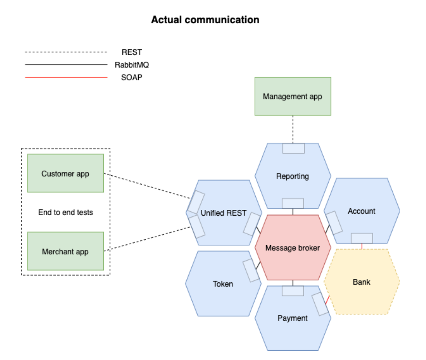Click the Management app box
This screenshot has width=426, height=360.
coord(292,96)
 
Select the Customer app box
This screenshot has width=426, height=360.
coord(65,174)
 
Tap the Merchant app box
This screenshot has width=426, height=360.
coord(65,251)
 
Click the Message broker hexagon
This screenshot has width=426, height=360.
coord(292,248)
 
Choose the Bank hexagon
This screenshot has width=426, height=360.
coord(361,282)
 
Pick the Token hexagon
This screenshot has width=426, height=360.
coord(223,284)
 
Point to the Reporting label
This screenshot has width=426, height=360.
coord(292,176)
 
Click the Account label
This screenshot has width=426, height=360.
coord(361,211)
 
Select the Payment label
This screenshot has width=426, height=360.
coord(292,318)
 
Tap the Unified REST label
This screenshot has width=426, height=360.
coord(223,213)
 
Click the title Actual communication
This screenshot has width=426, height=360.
coord(205,20)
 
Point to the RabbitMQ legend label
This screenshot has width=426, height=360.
coord(132,65)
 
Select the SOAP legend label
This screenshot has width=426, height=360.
coord(132,77)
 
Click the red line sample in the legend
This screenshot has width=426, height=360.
coord(66,77)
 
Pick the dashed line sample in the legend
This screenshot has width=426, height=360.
coord(66,52)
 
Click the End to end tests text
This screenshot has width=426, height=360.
coord(65,212)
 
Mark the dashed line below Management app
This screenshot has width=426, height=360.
coord(293,129)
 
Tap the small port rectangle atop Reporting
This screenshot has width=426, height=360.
coord(293,148)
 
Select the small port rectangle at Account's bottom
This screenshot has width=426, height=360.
coord(362,238)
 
